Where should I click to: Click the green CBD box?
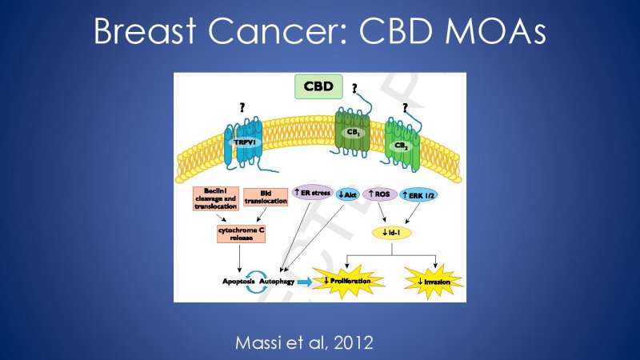(319, 86)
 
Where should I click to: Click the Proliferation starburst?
(353, 281)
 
